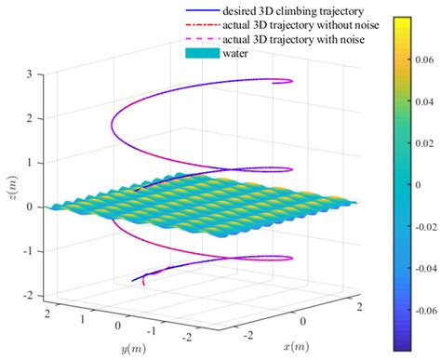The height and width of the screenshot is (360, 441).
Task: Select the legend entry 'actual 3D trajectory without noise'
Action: [x=297, y=24]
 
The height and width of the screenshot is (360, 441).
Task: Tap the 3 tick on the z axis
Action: [x=31, y=73]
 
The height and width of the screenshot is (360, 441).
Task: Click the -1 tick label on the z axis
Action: [x=28, y=251]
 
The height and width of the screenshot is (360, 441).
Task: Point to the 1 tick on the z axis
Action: [x=31, y=162]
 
